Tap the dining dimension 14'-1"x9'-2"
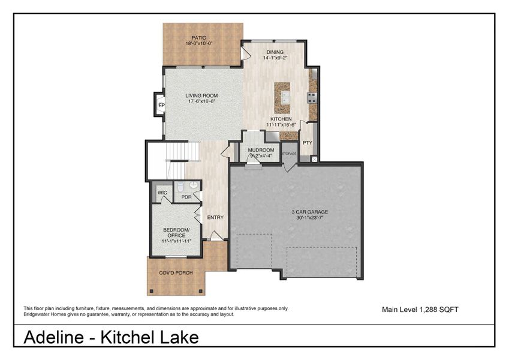coord(276,59)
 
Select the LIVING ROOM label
coord(201,95)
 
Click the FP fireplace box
coord(161,106)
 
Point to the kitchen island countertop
coord(282,98)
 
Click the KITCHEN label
coord(281,119)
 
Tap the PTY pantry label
coord(308,143)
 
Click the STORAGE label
coord(290,154)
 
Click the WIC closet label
coord(162,193)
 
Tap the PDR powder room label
coord(186,197)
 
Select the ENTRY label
coord(215,217)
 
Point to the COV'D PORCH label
coord(176,273)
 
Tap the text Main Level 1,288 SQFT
coord(420,310)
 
